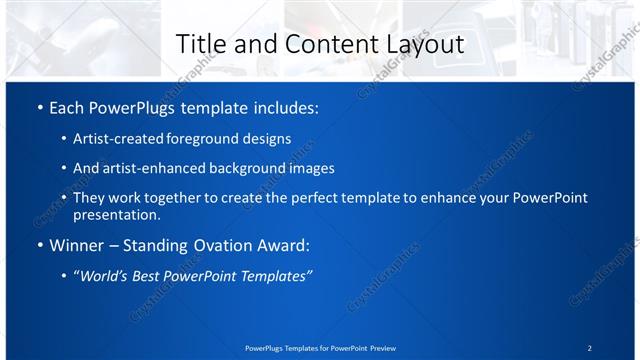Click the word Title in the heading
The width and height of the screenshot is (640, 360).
[x=198, y=44]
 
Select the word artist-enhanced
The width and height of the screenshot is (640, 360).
[x=152, y=168]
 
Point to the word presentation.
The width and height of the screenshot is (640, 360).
[x=116, y=214]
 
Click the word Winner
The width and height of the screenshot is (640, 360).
[x=76, y=246]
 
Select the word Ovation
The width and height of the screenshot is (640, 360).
[x=211, y=246]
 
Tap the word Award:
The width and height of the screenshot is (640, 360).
[x=280, y=246]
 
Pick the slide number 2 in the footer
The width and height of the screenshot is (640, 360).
[x=590, y=348]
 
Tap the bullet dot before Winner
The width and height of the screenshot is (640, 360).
[x=38, y=246]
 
